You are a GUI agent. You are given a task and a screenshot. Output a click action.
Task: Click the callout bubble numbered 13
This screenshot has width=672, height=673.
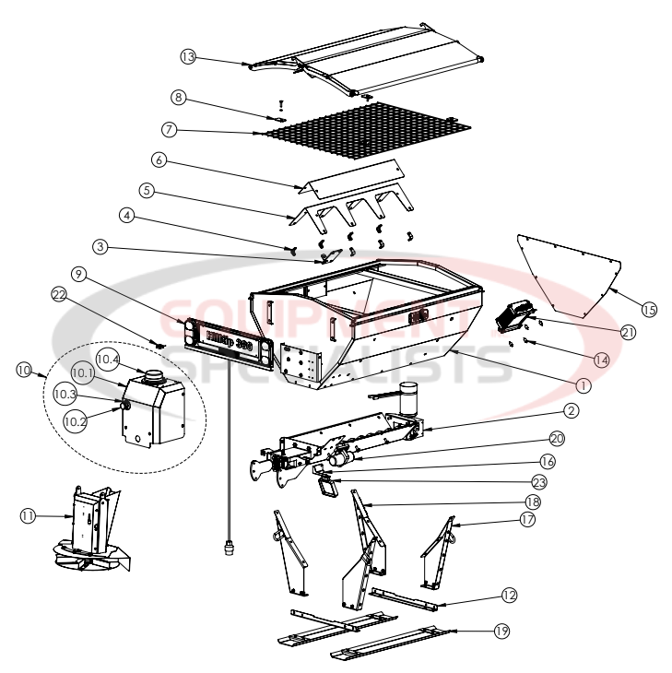coord(187,57)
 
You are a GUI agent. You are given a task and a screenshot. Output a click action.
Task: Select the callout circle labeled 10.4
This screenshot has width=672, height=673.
coord(108,358)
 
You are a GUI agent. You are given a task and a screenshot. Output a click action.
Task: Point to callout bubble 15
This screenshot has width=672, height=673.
coord(649,310)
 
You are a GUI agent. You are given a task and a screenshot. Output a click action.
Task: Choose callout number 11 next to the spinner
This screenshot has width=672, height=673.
coord(29,517)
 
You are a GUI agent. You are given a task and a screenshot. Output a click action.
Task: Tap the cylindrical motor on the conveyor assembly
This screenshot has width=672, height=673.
coord(409,398)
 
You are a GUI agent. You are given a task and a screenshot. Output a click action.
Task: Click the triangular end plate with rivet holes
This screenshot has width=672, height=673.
coord(572,272)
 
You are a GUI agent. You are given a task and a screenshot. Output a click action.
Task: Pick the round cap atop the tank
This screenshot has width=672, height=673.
coord(152,375)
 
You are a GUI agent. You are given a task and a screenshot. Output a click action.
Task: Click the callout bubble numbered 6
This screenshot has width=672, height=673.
coord(159,159)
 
